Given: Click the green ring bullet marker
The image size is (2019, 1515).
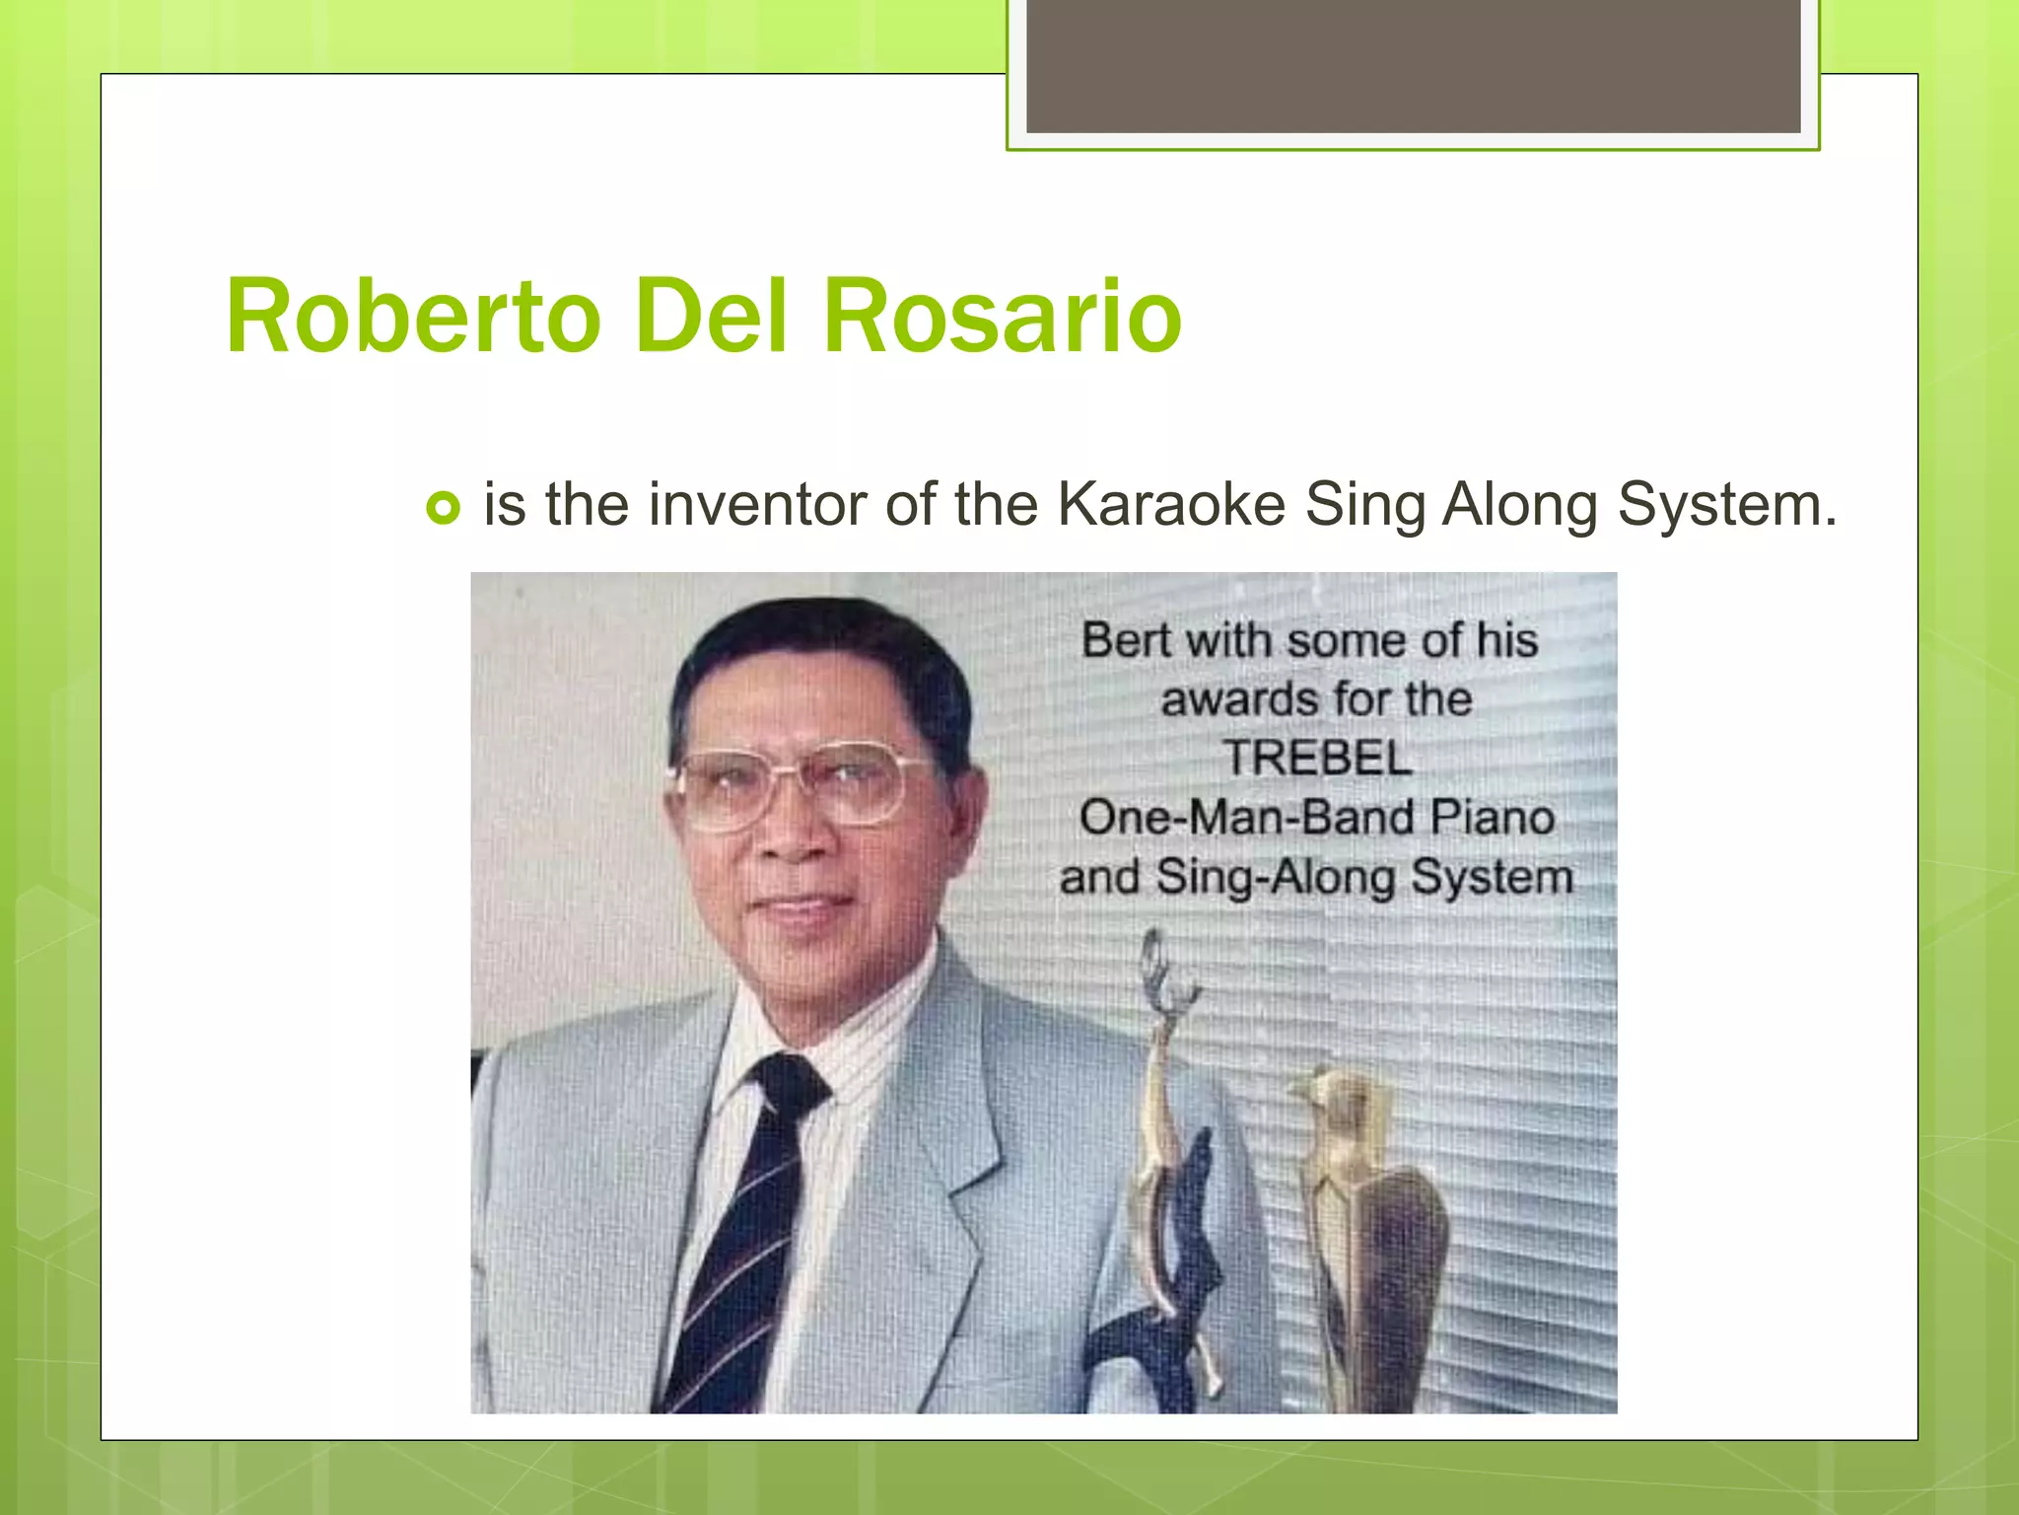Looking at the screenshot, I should (x=443, y=508).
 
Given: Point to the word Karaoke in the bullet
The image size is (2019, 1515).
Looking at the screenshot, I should (x=1171, y=504).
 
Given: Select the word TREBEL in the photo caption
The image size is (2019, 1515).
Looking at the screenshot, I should (x=1318, y=758).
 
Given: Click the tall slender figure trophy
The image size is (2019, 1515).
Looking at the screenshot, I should (x=1169, y=1164).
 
